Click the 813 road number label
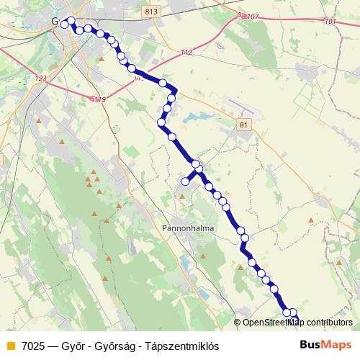[150, 12]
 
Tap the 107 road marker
[251, 16]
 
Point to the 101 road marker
[330, 22]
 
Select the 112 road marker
[186, 53]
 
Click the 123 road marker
[40, 78]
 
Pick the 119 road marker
[99, 99]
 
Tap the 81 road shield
[243, 125]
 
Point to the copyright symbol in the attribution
[238, 323]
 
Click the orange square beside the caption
[10, 346]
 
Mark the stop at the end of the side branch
[185, 181]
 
